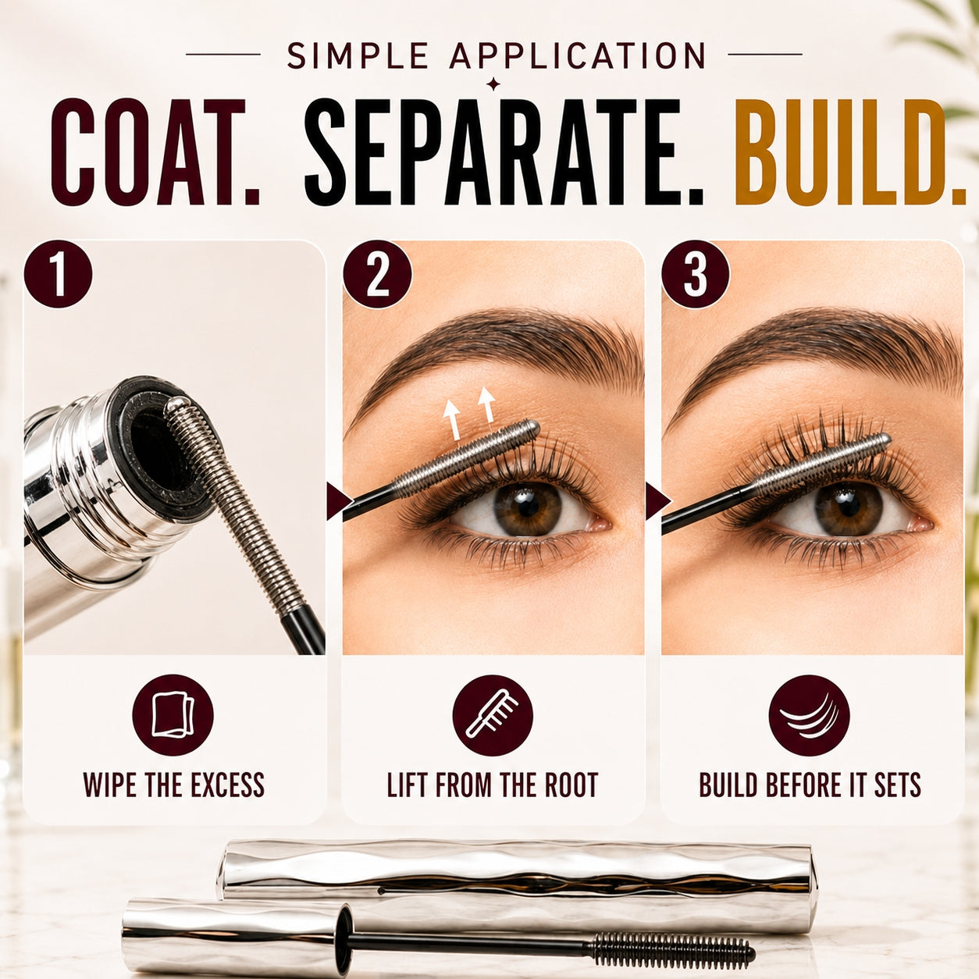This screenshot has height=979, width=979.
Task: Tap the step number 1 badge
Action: (x=58, y=274)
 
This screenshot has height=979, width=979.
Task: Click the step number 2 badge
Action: (x=378, y=274)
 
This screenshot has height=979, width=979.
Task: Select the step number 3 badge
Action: (x=696, y=274)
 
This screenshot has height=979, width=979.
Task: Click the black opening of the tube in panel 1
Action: (x=158, y=447)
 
